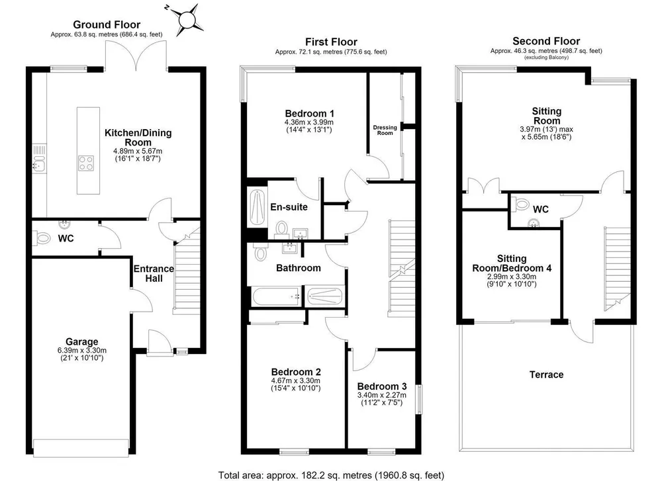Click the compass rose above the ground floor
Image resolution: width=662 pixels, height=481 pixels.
click(x=185, y=20)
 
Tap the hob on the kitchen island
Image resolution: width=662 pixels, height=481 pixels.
click(x=86, y=163)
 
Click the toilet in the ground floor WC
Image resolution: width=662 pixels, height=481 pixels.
click(x=41, y=238)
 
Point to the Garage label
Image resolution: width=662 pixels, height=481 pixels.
click(x=81, y=342)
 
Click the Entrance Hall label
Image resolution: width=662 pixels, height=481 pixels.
click(x=154, y=273)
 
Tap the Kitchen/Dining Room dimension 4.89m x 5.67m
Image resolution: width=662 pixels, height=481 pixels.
click(x=138, y=151)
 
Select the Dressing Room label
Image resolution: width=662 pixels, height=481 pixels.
click(x=385, y=130)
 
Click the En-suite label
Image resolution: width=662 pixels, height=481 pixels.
click(x=289, y=207)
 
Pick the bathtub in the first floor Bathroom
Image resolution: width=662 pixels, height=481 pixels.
click(x=276, y=296)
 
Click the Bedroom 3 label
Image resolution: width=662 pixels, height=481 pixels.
click(x=382, y=386)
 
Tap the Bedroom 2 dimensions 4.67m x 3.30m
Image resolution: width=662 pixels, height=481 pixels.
click(x=295, y=380)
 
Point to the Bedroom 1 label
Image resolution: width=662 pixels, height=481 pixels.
click(x=309, y=114)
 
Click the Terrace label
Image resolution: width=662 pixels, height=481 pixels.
click(x=546, y=374)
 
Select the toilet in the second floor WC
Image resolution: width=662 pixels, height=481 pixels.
click(x=522, y=204)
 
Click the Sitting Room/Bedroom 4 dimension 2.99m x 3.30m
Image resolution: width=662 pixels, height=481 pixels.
click(x=512, y=277)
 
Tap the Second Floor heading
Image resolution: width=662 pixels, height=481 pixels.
click(x=546, y=41)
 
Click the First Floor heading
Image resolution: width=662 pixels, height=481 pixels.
click(x=332, y=42)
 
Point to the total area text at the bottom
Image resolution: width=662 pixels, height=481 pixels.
click(x=332, y=476)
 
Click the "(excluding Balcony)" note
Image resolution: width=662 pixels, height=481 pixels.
click(x=546, y=57)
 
